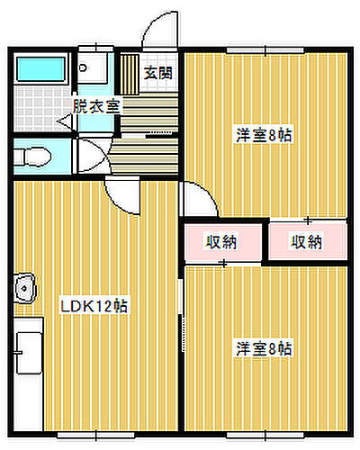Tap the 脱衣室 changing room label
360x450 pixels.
coord(96,104)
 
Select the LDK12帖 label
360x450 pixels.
coord(94,306)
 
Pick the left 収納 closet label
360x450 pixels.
coord(222,241)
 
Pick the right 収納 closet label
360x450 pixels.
coord(307,241)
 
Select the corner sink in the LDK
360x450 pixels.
coord(24,289)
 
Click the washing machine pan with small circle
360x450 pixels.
coord(90,69)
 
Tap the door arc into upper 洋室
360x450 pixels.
coord(198,198)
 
